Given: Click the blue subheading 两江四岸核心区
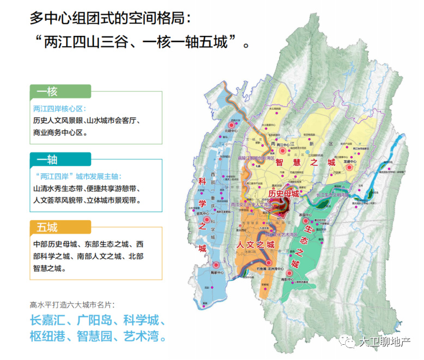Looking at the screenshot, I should pyautogui.click(x=60, y=108).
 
